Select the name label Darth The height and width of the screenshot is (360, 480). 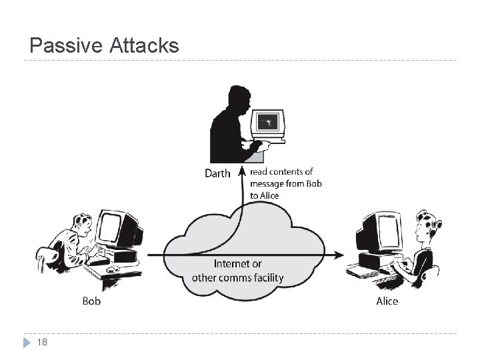[x=217, y=173]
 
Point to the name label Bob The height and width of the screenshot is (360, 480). [x=91, y=301]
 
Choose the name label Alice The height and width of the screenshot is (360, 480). [x=387, y=301]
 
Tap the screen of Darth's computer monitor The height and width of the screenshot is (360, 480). [x=268, y=121]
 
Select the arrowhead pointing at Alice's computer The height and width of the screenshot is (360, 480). [x=340, y=255]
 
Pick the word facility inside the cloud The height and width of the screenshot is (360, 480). [x=267, y=277]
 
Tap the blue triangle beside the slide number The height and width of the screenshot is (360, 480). [x=27, y=343]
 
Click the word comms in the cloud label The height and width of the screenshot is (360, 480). [x=230, y=277]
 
